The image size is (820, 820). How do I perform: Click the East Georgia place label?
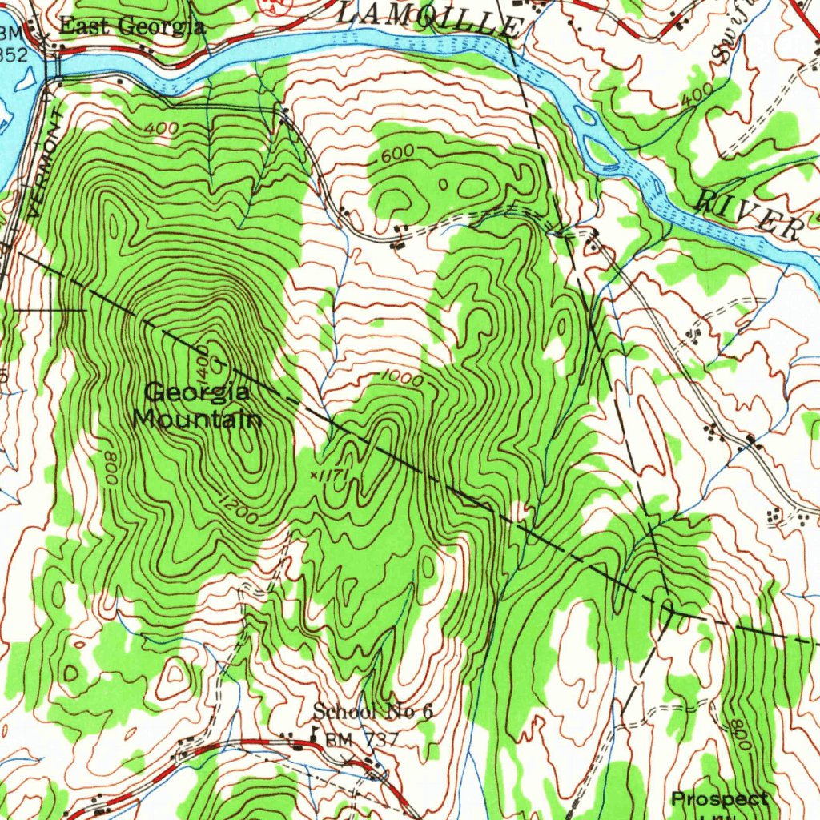click(x=132, y=26)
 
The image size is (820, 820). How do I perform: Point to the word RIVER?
click(x=749, y=214)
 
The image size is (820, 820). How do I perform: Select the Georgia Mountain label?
click(x=197, y=405)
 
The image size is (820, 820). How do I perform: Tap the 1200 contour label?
click(x=235, y=512)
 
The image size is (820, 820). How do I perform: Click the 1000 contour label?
click(x=402, y=379)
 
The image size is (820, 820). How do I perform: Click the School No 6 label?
click(x=372, y=711)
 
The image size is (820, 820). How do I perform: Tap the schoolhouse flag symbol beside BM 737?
click(x=315, y=734)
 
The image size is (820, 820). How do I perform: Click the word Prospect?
click(x=719, y=799)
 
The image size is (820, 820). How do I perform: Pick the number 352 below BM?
click(x=14, y=54)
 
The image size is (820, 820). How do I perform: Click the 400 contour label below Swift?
click(x=697, y=100)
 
